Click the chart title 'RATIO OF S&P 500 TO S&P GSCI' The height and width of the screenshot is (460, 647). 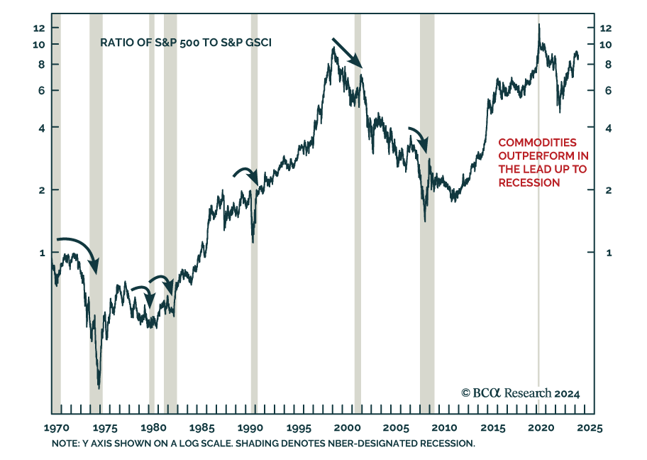coord(186,43)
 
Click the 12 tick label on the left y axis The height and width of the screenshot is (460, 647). coord(38,28)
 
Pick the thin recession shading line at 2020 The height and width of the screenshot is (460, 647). coord(538,213)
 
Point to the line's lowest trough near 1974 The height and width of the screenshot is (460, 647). coord(99,388)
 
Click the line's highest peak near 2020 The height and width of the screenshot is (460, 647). coord(539,24)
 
